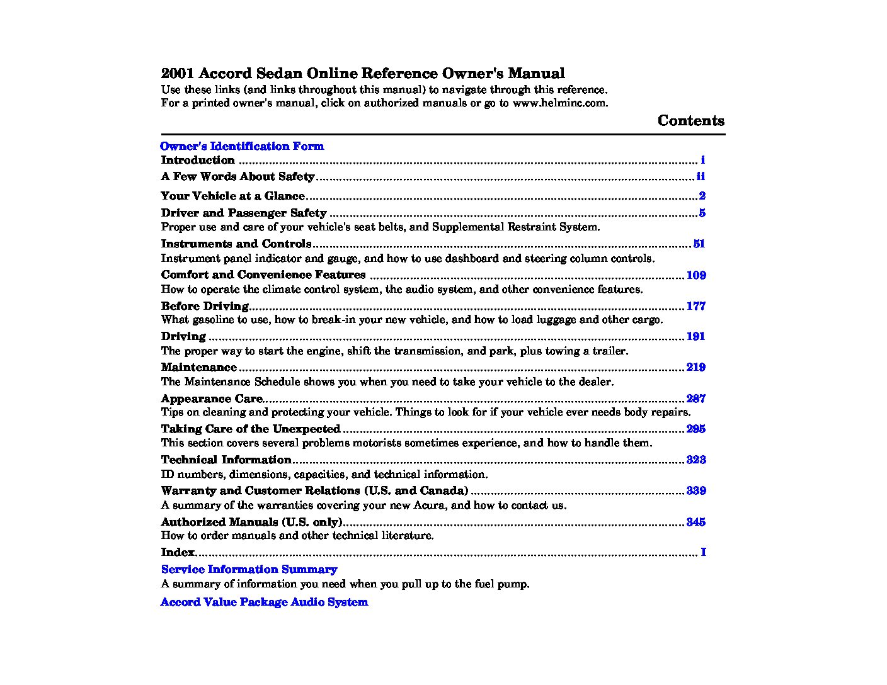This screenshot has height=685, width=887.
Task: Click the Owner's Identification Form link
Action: [x=242, y=146]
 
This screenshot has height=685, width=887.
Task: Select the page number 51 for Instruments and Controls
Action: [x=699, y=244]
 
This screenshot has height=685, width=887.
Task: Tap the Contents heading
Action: [x=690, y=121]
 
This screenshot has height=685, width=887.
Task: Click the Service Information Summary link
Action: [x=249, y=569]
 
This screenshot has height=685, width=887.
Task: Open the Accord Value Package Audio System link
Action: [x=264, y=602]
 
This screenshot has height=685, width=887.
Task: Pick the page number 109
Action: [x=695, y=275]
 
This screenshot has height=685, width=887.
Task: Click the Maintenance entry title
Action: [x=198, y=367]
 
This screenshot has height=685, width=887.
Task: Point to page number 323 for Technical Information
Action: [x=695, y=460]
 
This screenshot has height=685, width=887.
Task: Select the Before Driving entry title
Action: [x=205, y=306]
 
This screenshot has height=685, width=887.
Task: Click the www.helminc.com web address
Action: [x=559, y=103]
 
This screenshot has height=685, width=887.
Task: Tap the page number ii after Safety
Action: [x=701, y=177]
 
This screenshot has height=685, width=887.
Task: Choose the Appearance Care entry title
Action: [x=211, y=399]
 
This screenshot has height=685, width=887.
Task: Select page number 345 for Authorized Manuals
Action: [x=695, y=522]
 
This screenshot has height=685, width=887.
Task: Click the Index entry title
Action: [x=178, y=552]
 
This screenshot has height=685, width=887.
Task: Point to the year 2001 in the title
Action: [x=178, y=74]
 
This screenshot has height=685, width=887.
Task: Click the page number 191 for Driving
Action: [x=695, y=336]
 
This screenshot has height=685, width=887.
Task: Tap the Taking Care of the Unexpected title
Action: [x=250, y=429]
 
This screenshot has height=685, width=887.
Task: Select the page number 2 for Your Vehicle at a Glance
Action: [x=702, y=196]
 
